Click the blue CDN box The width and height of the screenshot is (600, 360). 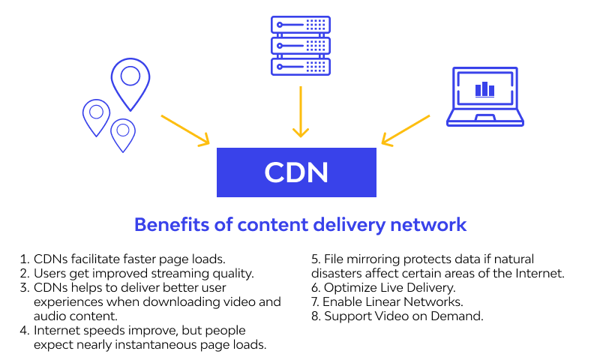pyautogui.click(x=296, y=172)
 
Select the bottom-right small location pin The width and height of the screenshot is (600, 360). pyautogui.click(x=122, y=134)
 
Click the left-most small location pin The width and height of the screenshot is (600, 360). pyautogui.click(x=96, y=117)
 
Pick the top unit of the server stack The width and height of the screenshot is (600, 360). pyautogui.click(x=300, y=25)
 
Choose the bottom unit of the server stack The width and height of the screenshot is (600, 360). pyautogui.click(x=300, y=65)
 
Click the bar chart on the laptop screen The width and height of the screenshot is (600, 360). pyautogui.click(x=484, y=89)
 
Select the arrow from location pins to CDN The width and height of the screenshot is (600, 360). pyautogui.click(x=184, y=129)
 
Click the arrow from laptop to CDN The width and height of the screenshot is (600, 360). pyautogui.click(x=406, y=129)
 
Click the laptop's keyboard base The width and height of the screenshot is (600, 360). pyautogui.click(x=484, y=119)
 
